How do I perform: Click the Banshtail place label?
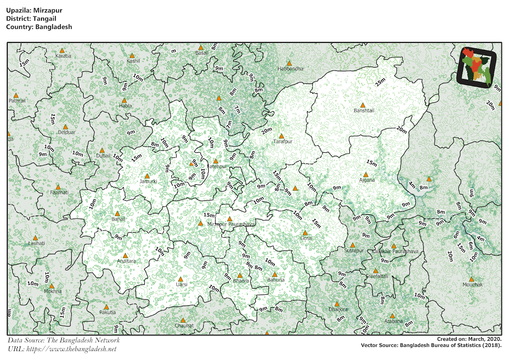(364, 111)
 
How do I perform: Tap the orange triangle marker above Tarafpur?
(281, 136)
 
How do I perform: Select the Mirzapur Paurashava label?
(231, 224)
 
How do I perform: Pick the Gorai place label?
(306, 238)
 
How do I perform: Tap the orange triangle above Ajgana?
(366, 174)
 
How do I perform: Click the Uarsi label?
(182, 284)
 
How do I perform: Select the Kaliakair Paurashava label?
(395, 252)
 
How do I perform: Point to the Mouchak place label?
(473, 284)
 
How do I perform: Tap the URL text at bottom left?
(62, 349)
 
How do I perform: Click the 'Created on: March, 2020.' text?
(469, 339)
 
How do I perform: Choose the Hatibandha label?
(291, 69)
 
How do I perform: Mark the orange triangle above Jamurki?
(147, 176)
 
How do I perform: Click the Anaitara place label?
(126, 261)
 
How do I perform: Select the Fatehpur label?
(217, 167)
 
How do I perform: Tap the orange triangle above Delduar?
(65, 127)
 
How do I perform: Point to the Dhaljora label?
(338, 309)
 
